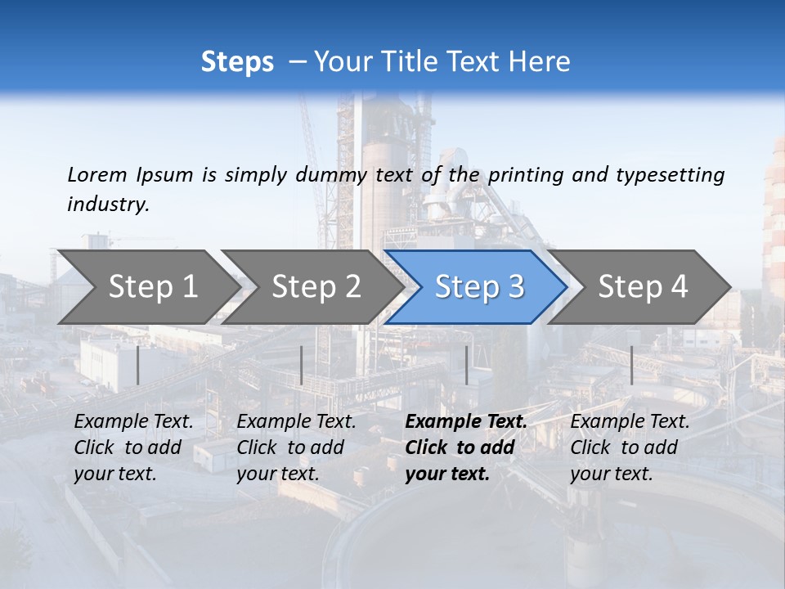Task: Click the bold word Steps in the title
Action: (237, 62)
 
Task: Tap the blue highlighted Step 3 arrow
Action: (479, 287)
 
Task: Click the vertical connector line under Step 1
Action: (138, 365)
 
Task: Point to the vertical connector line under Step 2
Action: (302, 365)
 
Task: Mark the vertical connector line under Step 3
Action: (466, 365)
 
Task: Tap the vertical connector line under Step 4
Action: (631, 365)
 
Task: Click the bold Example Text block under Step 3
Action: (466, 447)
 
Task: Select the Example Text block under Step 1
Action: (133, 447)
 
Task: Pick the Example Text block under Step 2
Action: (296, 447)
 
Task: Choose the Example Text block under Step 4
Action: (630, 447)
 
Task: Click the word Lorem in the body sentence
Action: (97, 174)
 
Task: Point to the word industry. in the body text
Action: (108, 205)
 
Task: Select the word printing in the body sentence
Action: (524, 174)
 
